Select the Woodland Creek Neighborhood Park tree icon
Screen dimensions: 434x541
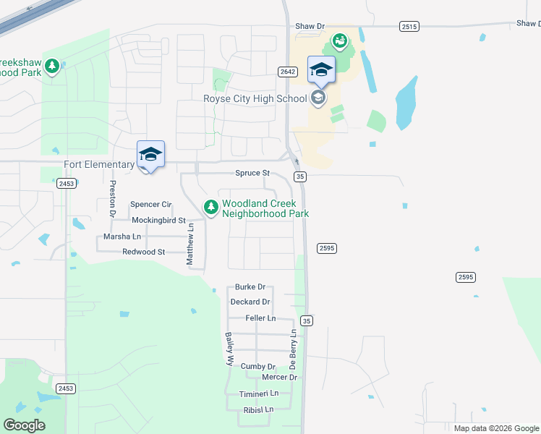pos(210,208)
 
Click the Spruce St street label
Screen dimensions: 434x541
pos(252,174)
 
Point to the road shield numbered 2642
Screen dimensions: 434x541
pos(287,72)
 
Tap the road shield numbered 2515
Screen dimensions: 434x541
pos(409,26)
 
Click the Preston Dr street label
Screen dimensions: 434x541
pos(112,199)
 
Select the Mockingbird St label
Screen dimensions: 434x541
pos(158,220)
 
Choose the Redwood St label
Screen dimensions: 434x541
pos(144,252)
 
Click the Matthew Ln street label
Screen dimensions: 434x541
pos(191,244)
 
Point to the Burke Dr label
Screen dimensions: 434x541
pos(250,287)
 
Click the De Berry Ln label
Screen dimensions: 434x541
pos(294,351)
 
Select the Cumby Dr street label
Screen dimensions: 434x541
pos(258,367)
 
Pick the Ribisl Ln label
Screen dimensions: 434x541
pos(258,409)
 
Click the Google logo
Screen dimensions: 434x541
pos(24,425)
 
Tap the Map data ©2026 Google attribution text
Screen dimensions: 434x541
pos(495,428)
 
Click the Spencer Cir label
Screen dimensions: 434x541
pos(150,205)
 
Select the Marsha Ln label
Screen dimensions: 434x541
pos(122,237)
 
